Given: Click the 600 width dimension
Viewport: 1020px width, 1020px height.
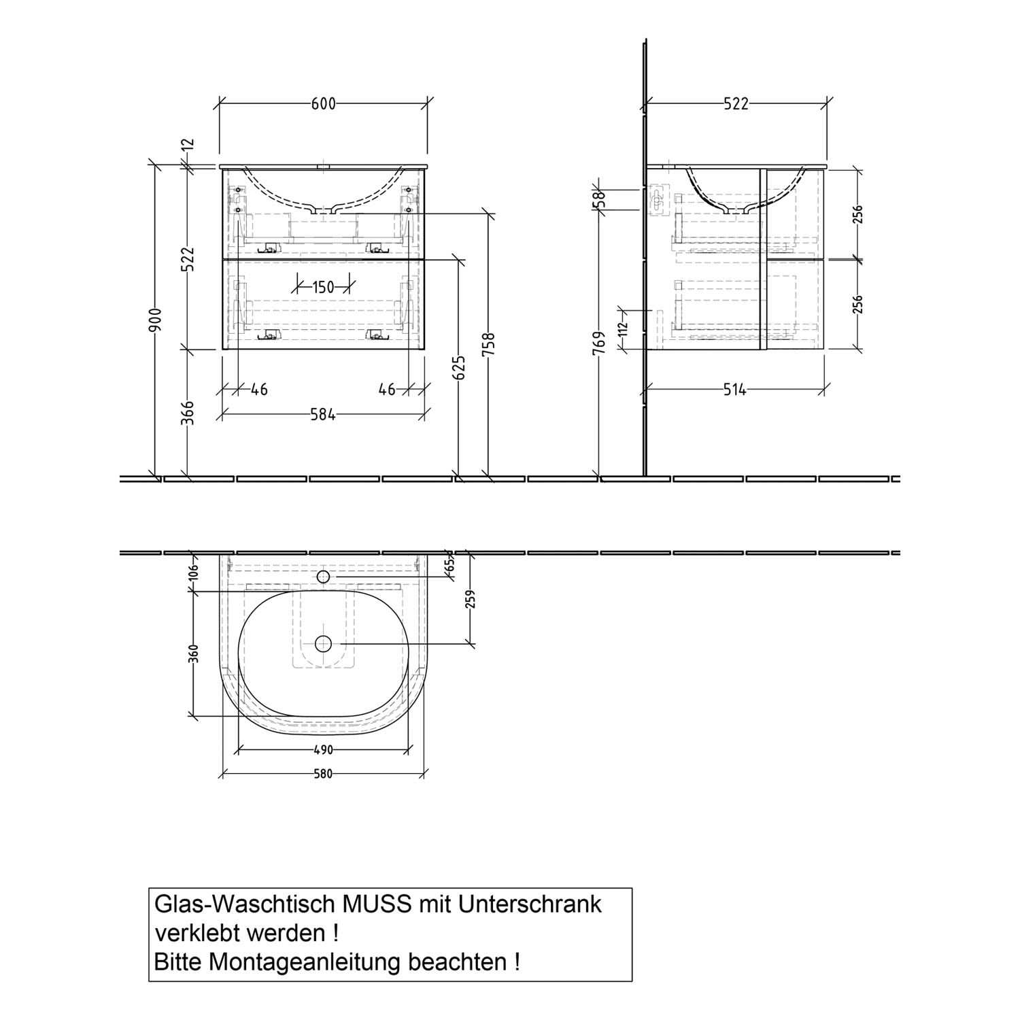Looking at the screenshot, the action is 324,103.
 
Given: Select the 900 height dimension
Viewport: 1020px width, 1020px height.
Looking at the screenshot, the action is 156,320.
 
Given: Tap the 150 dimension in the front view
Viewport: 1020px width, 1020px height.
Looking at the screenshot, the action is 324,287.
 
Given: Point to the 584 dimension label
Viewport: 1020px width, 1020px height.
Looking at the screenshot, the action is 323,414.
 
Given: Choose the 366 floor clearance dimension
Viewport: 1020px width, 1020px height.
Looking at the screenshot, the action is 188,413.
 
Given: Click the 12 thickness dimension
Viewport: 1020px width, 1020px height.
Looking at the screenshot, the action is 188,143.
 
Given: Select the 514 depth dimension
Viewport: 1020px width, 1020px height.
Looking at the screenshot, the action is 734,390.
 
